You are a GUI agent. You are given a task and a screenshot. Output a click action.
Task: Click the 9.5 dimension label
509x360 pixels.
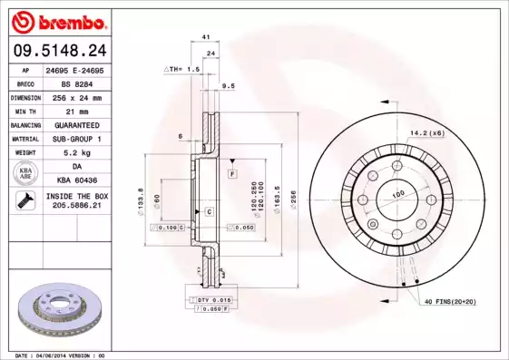(229, 85)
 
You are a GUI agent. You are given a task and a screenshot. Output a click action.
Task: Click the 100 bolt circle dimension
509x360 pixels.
(396, 194)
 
